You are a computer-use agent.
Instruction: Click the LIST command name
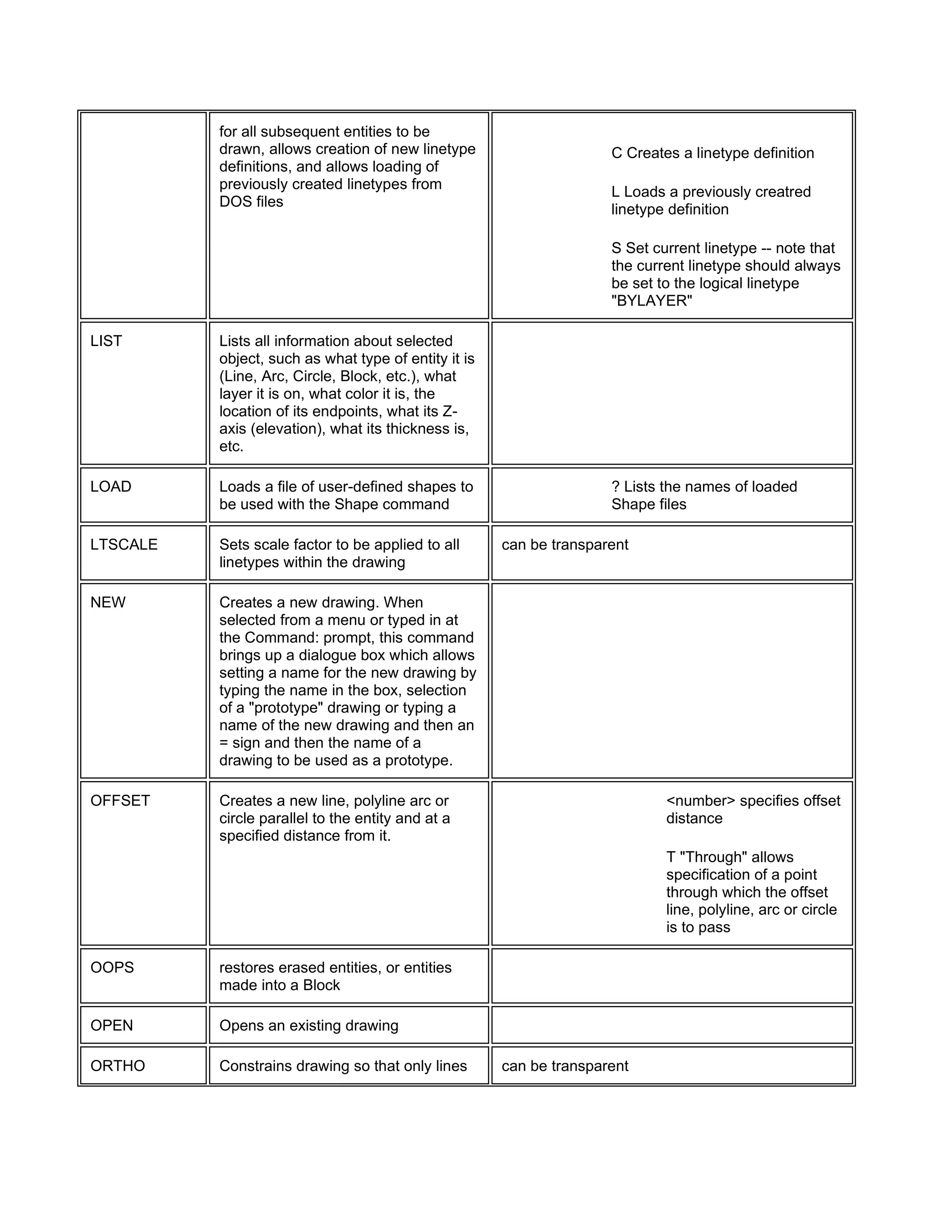click(x=106, y=341)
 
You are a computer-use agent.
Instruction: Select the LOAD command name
click(x=111, y=487)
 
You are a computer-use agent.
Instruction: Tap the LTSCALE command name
click(x=124, y=545)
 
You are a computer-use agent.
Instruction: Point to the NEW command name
click(x=108, y=603)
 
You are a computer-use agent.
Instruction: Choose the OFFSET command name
click(x=120, y=801)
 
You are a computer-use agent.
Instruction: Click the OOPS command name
click(x=112, y=968)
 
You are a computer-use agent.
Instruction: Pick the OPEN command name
click(x=112, y=1026)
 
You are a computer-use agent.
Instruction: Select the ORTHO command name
click(x=118, y=1066)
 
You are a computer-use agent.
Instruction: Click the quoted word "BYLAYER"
click(x=651, y=301)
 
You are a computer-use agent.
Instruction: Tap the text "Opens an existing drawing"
click(x=308, y=1026)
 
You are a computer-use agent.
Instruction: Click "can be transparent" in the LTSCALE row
click(x=565, y=545)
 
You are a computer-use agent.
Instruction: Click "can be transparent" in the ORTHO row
click(x=565, y=1066)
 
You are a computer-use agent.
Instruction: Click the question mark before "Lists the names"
click(x=615, y=487)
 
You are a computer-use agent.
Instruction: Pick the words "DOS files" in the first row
click(x=251, y=202)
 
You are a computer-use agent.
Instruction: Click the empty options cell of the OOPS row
click(x=672, y=976)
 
